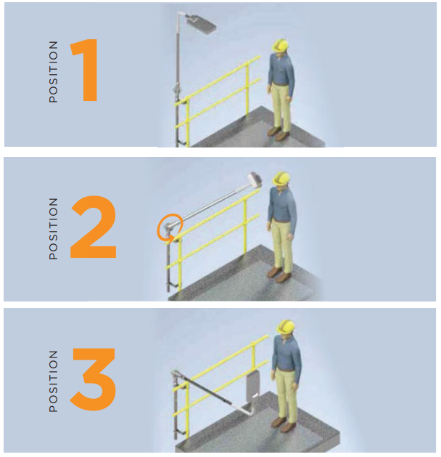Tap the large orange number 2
tap(93, 227)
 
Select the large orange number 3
tap(93, 379)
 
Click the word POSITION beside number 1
tap(53, 72)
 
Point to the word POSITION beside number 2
tap(53, 228)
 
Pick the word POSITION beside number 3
tap(53, 381)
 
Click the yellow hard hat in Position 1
tap(280, 46)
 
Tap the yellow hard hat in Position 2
tap(281, 179)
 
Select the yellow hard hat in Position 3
tap(286, 327)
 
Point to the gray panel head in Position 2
tap(255, 179)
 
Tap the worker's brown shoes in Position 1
tap(278, 133)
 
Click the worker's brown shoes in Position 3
tap(283, 424)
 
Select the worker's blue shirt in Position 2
tap(281, 208)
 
